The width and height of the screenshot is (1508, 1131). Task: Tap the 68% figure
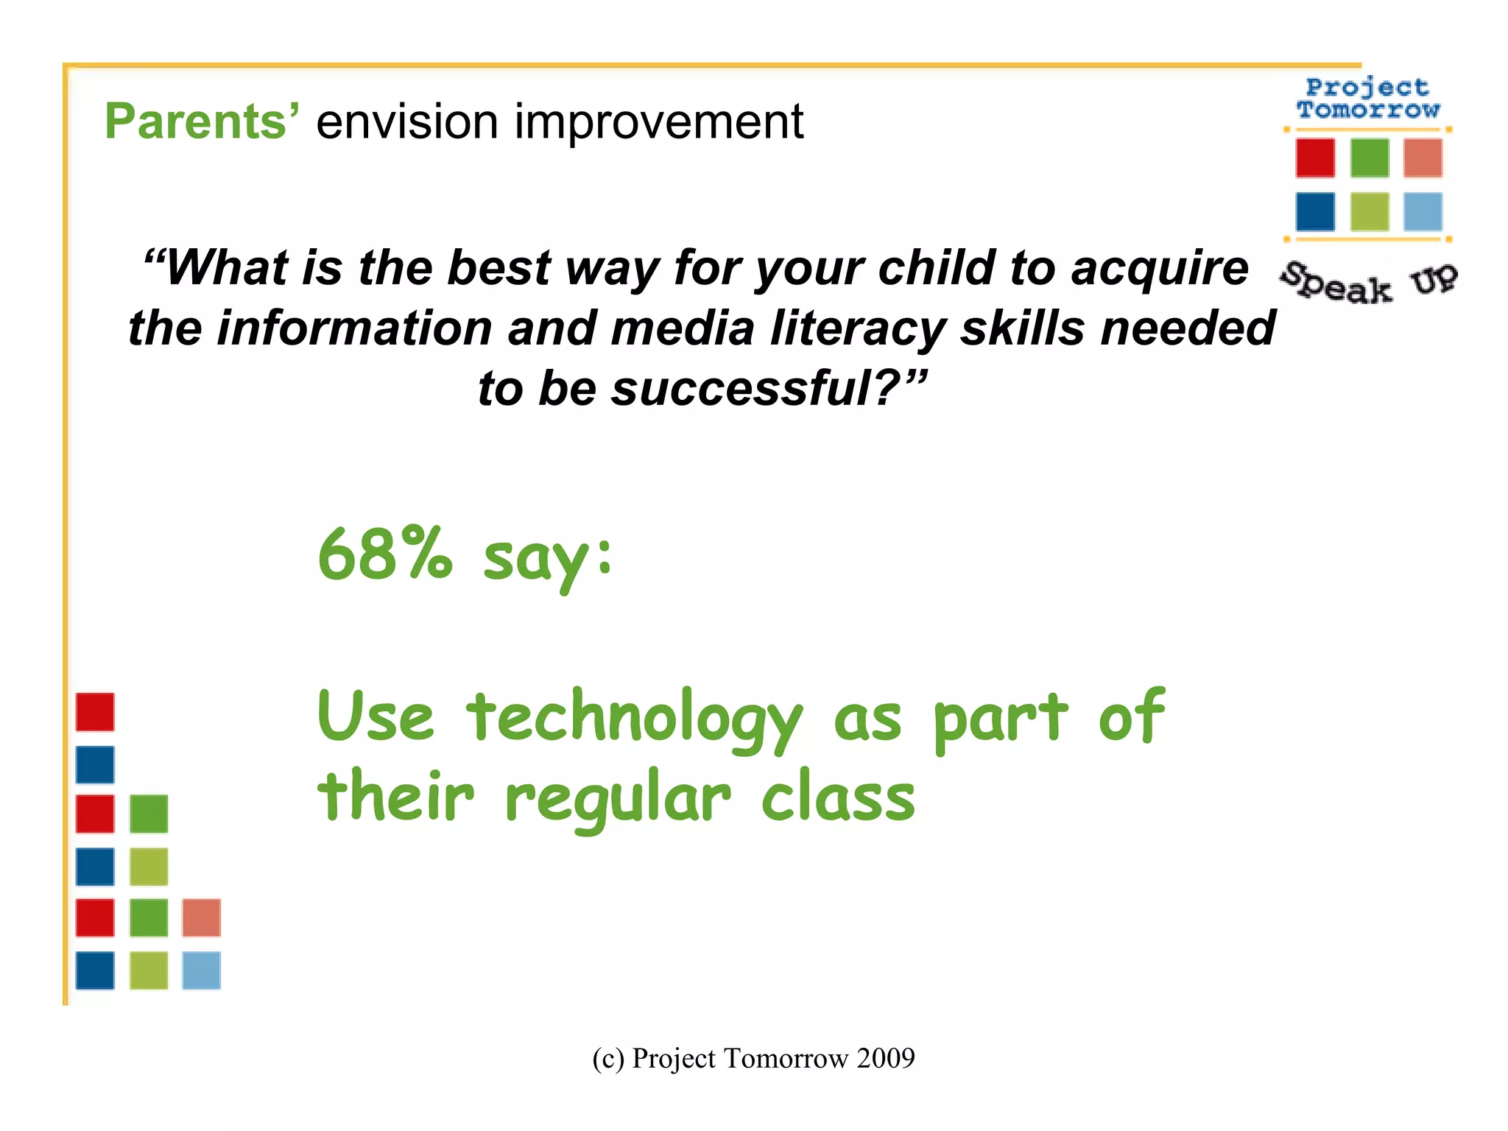[x=384, y=554]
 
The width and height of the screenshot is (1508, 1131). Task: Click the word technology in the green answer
[x=634, y=718]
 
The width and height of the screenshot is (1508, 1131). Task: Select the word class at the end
[x=837, y=799]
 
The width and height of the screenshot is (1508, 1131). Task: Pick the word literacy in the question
[x=857, y=328]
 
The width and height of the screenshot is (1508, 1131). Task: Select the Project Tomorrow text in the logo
[x=1368, y=99]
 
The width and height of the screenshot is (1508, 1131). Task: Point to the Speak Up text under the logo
[x=1368, y=283]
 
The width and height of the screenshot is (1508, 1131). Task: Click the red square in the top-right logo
[x=1315, y=158]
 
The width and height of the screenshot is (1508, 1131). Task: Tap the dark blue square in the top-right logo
[x=1315, y=212]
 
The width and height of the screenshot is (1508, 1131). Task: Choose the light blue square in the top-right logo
[x=1423, y=212]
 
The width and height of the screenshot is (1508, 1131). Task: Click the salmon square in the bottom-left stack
[x=201, y=917]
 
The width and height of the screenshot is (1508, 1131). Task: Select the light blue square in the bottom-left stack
[x=201, y=970]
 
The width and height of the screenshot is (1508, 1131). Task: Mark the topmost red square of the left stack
[x=95, y=712]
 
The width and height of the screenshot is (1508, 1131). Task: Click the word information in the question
[x=354, y=328]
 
